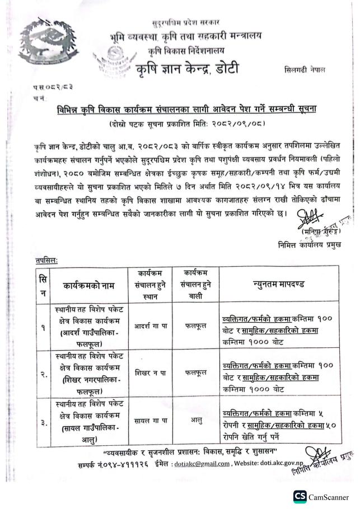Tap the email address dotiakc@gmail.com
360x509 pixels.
(x=203, y=464)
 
